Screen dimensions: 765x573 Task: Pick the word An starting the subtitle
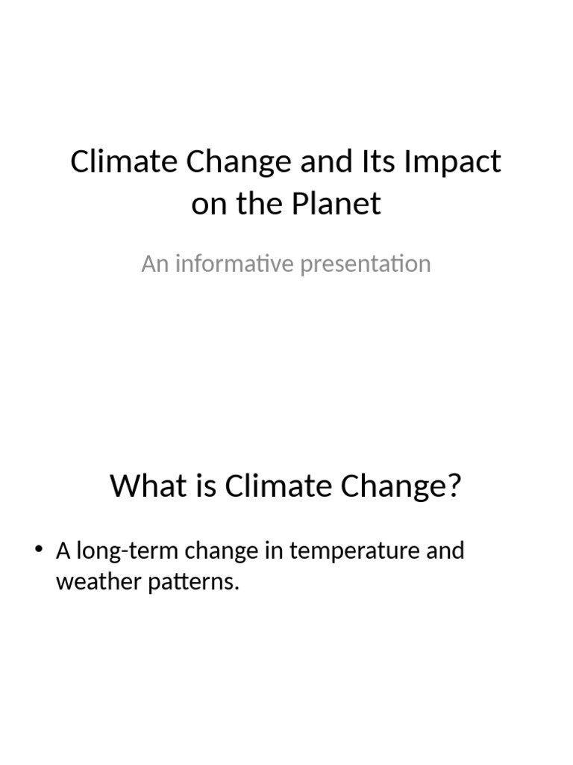[154, 264]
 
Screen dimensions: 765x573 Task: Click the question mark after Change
[454, 486]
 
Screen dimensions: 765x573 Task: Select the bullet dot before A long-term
[39, 551]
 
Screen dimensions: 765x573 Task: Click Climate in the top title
[119, 162]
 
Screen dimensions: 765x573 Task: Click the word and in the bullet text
[445, 551]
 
